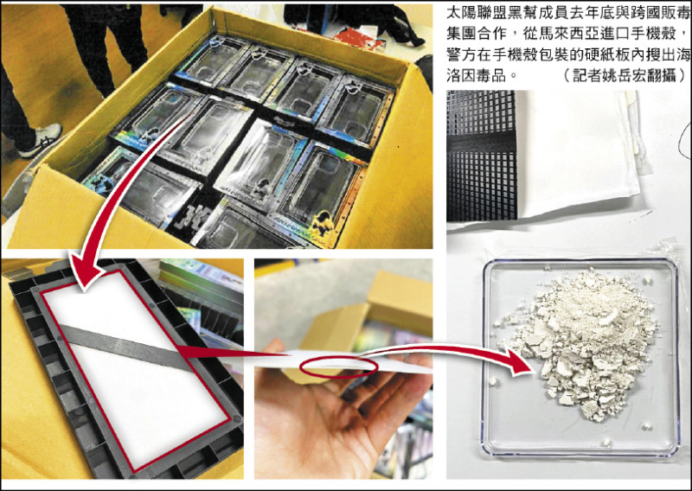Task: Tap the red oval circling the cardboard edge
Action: click(x=338, y=367)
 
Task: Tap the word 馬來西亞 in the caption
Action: click(x=597, y=35)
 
